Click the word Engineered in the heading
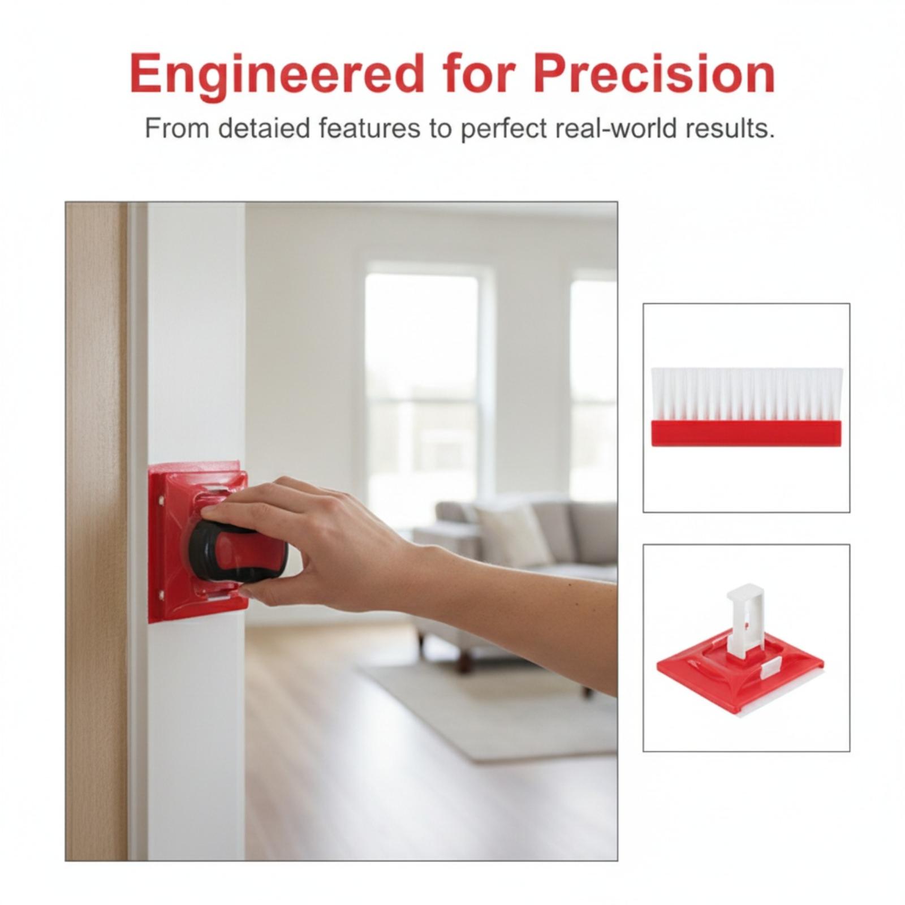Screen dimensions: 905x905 click(277, 75)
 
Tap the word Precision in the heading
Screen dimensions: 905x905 click(654, 74)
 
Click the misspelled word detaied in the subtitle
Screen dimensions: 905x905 click(264, 128)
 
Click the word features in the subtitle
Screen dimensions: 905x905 click(369, 128)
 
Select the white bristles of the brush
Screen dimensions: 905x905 click(747, 394)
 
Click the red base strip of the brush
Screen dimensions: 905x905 click(747, 433)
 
